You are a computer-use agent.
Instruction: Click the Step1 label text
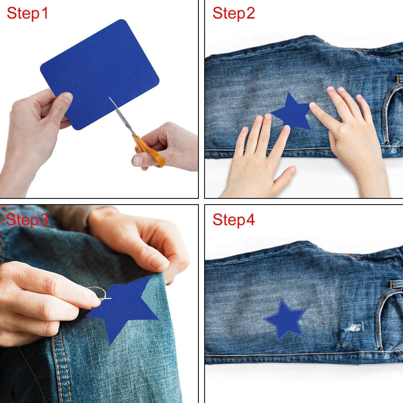[x=27, y=13]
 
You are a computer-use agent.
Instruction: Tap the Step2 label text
[x=234, y=13]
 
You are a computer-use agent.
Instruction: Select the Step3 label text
[x=27, y=220]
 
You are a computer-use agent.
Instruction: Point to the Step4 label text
[x=234, y=220]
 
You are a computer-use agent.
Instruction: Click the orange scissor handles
[x=149, y=152]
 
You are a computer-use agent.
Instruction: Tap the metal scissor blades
[x=120, y=114]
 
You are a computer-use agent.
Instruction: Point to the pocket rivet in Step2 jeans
[x=387, y=143]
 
